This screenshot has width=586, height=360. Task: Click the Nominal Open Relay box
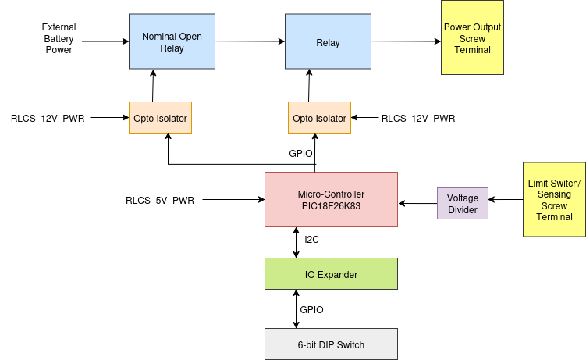click(172, 41)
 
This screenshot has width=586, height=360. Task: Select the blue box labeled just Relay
click(328, 43)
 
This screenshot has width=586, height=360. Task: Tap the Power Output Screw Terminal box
click(472, 38)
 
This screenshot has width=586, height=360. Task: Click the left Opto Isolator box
click(159, 118)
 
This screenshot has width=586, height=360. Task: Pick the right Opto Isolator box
click(318, 118)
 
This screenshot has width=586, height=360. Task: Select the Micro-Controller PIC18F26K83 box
click(331, 200)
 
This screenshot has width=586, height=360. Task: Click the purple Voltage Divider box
click(463, 203)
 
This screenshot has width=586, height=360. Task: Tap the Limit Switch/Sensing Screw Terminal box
click(554, 200)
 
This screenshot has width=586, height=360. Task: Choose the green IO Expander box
click(331, 274)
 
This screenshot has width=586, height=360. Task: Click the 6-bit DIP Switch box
click(331, 344)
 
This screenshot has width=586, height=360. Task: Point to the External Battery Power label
click(59, 38)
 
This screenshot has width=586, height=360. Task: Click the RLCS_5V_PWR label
click(160, 200)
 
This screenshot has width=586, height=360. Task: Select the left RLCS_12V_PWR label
click(48, 119)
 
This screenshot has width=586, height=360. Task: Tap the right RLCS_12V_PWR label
click(417, 119)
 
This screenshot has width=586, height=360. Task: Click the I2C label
click(311, 239)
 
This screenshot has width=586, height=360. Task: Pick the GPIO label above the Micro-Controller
click(300, 154)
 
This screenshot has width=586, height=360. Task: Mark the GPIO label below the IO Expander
click(311, 309)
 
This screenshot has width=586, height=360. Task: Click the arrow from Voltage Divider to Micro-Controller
click(417, 204)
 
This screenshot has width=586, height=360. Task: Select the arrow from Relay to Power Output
click(406, 42)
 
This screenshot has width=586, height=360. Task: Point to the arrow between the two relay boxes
click(250, 41)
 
